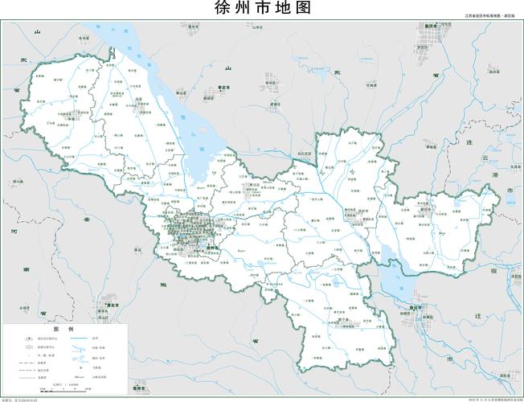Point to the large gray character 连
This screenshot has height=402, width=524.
point(492,142)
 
